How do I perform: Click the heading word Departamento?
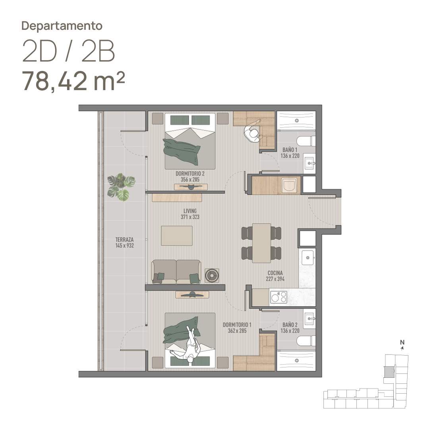(62, 26)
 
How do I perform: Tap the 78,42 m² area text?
(73, 81)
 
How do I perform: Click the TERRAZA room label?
(124, 240)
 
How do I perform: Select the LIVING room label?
(190, 211)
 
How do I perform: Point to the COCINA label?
(275, 273)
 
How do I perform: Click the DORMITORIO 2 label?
(190, 174)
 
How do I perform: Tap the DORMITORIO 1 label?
(237, 325)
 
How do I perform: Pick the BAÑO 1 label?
(290, 150)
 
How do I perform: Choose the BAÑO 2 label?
(290, 325)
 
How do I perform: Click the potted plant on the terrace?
(121, 187)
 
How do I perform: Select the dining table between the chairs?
(261, 243)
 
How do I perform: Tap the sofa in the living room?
(176, 272)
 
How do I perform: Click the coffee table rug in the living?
(177, 236)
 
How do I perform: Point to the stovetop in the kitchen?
(278, 297)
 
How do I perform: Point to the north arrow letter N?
(402, 342)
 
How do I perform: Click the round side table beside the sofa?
(212, 275)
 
